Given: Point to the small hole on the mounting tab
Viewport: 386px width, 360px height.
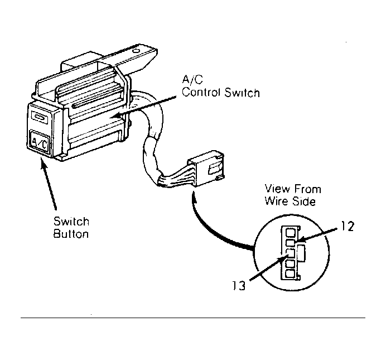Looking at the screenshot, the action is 136,51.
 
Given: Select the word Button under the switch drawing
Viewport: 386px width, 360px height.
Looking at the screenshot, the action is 71,234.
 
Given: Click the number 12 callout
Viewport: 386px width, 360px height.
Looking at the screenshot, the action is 348,226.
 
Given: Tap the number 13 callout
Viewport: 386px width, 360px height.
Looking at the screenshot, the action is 239,286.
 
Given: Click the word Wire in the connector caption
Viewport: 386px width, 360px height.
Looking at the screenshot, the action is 277,201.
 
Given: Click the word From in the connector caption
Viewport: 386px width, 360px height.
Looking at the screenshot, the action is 307,189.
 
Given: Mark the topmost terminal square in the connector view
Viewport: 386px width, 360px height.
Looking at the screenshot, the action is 291,233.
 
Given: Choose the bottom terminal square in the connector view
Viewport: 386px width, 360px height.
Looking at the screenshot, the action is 291,274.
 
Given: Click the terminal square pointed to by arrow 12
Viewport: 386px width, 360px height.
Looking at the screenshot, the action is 291,243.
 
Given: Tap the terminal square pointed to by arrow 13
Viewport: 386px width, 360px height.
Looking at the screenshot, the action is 291,253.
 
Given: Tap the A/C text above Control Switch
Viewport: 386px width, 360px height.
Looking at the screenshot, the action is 192,80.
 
